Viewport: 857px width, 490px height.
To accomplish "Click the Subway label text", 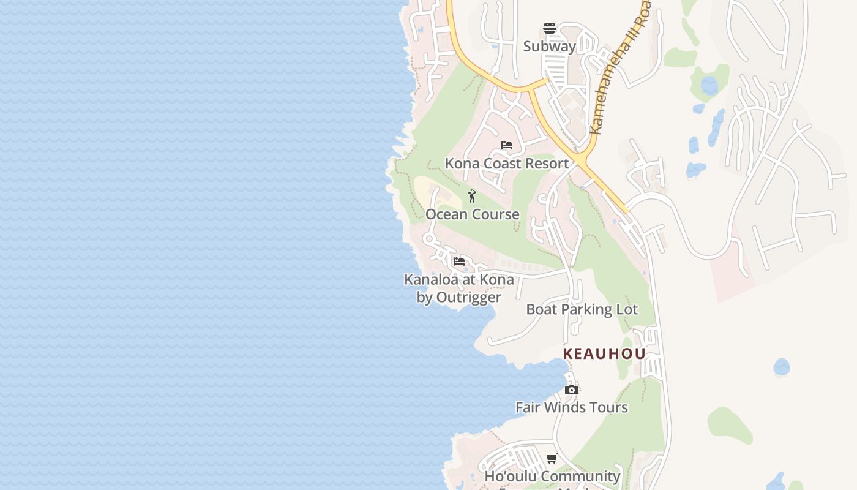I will [x=550, y=47].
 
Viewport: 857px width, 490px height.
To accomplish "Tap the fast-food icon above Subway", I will [x=550, y=28].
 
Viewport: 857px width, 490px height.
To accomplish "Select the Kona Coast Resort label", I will [x=507, y=164].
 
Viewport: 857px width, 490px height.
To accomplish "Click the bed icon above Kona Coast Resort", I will [x=507, y=145].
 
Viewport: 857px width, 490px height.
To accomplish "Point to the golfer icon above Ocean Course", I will [x=472, y=196].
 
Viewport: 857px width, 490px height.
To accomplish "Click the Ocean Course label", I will [x=473, y=214].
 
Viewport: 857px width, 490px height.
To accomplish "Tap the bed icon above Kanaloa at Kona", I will [x=459, y=262].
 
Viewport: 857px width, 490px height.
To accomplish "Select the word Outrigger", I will [x=468, y=298].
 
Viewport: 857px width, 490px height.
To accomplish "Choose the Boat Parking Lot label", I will [x=582, y=310].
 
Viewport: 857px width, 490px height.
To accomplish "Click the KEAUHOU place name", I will [x=604, y=354].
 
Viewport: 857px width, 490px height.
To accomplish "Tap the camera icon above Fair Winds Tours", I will [x=572, y=390].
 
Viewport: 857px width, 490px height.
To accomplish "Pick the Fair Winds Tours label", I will [x=572, y=408].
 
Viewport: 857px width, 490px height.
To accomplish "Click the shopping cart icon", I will [x=552, y=458].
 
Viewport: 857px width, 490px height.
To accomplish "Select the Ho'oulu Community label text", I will [x=552, y=477].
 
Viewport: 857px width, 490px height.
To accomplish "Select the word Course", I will [x=495, y=214].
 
